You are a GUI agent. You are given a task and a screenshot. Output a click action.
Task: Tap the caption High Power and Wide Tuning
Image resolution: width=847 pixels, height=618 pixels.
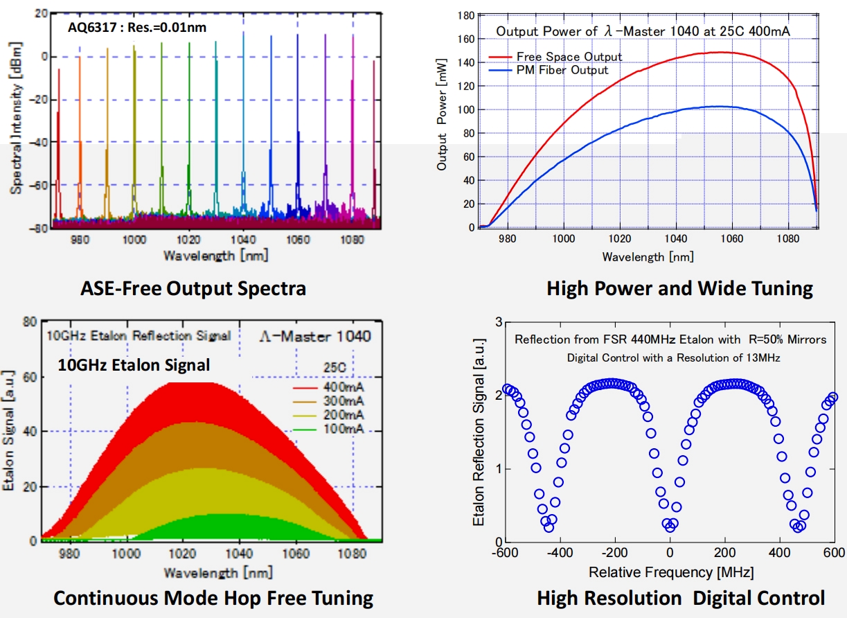pyautogui.click(x=679, y=288)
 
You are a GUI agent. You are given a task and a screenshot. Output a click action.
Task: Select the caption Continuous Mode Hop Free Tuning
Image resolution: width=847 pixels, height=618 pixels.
pyautogui.click(x=213, y=598)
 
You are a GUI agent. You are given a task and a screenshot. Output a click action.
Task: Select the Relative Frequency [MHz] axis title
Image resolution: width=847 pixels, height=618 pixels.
pyautogui.click(x=670, y=572)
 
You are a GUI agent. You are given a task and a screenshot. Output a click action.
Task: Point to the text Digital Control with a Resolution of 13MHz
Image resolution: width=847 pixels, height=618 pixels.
pyautogui.click(x=669, y=357)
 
